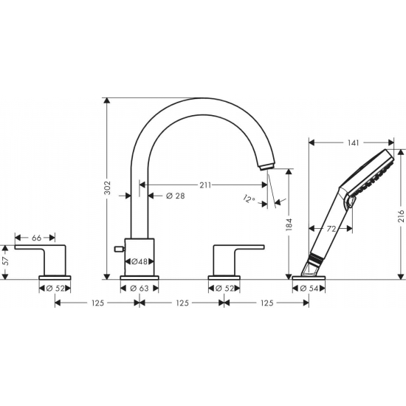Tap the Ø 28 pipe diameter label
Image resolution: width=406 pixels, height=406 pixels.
(x=175, y=196)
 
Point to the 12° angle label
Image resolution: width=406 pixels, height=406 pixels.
(x=250, y=198)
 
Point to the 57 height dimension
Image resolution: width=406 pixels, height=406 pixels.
(x=6, y=260)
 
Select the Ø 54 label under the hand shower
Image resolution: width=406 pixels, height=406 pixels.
(x=310, y=288)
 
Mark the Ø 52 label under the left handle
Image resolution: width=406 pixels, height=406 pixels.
(x=55, y=288)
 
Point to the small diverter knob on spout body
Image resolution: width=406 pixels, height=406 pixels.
(x=115, y=252)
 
